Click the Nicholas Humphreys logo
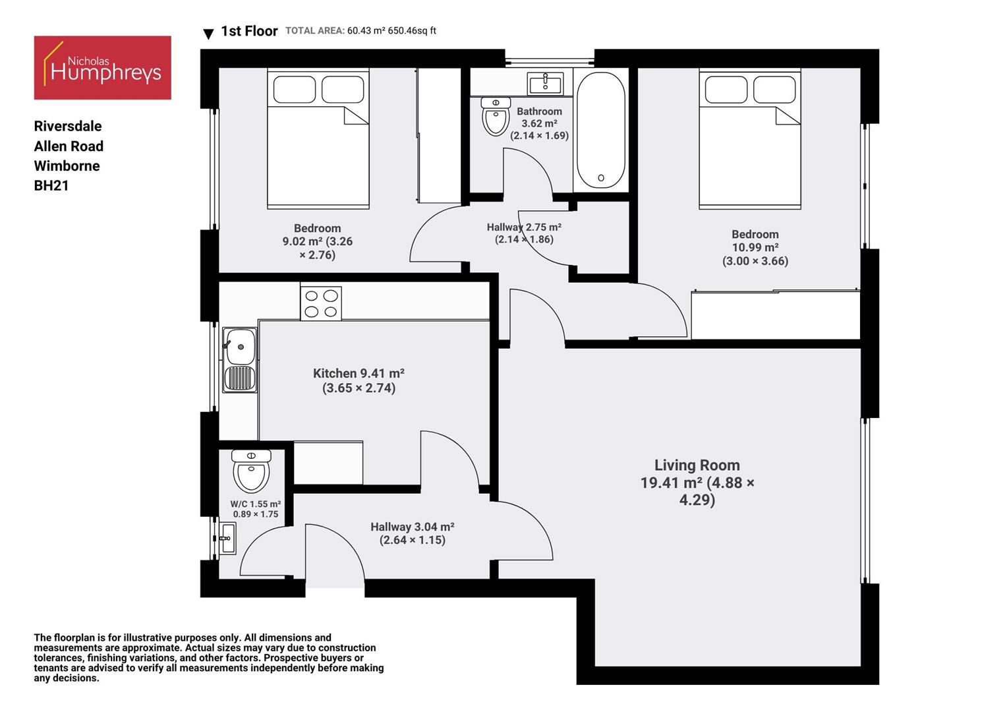tap(102, 68)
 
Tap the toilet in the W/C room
tap(251, 471)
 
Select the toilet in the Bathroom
tap(496, 117)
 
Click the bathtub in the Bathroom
tap(600, 130)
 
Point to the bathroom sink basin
tap(545, 84)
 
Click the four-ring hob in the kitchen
tap(321, 303)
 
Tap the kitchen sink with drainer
tap(240, 360)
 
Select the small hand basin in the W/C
tap(227, 538)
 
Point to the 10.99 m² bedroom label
tap(755, 247)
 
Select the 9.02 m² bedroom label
tap(317, 241)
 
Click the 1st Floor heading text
tap(249, 31)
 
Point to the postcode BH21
tap(51, 186)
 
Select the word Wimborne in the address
tap(67, 166)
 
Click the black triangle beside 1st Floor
tap(208, 34)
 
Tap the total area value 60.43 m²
tap(366, 31)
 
